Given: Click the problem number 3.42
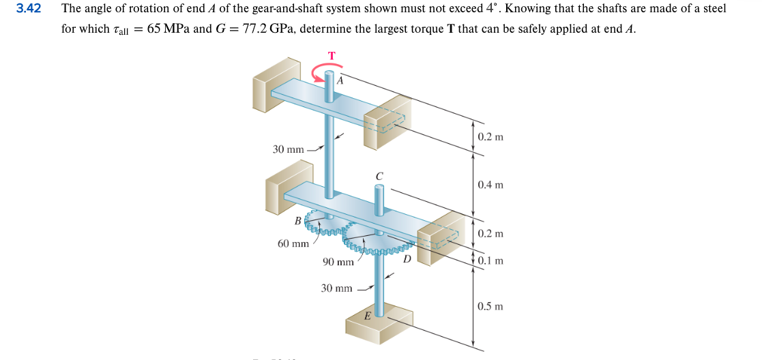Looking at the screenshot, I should tap(29, 9).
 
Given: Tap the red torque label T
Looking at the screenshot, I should tap(332, 55).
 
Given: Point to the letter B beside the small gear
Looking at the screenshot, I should tap(297, 220).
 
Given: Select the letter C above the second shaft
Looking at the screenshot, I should tap(379, 176).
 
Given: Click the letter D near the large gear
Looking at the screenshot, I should tap(407, 258).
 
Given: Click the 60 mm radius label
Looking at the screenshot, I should tap(293, 243).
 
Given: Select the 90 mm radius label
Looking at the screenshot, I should tap(338, 262).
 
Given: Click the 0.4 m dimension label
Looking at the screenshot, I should tap(490, 185).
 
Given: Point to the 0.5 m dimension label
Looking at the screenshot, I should tap(490, 306).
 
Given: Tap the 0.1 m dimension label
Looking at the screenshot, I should tap(490, 260).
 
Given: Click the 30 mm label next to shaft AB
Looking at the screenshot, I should tap(288, 149).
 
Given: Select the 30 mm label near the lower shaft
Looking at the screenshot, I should tap(336, 288).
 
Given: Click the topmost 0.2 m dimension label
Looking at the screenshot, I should tap(490, 137).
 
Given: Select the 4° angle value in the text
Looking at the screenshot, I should tap(493, 9).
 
